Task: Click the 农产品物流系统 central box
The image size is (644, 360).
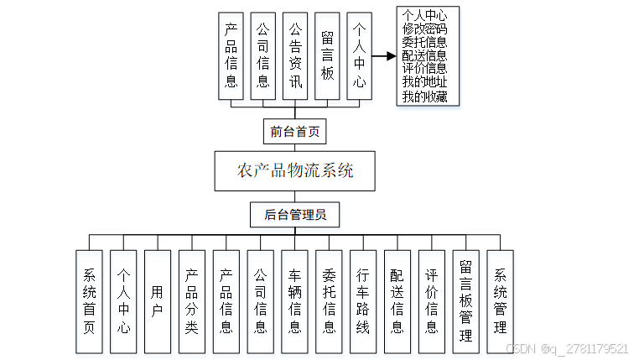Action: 294,171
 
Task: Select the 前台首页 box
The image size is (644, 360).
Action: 293,132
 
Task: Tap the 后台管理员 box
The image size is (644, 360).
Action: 294,215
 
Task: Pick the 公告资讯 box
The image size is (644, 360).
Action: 295,56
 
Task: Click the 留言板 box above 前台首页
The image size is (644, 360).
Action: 328,56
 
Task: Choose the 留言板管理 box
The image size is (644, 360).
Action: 466,300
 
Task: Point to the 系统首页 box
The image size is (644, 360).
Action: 89,300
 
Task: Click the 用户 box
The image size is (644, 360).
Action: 158,300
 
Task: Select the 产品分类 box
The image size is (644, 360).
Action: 192,300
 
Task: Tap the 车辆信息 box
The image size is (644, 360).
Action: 295,300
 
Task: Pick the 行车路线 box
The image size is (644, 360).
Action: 363,300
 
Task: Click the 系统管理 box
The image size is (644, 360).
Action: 501,300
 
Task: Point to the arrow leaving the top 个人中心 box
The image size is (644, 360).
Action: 383,56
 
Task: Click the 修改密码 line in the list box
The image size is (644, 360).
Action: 424,28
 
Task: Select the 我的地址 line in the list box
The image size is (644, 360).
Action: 424,82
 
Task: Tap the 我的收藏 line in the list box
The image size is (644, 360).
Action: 424,96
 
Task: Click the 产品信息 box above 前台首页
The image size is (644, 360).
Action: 231,56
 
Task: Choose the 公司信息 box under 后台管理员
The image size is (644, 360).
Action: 261,300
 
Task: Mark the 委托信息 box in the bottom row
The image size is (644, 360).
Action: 330,300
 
